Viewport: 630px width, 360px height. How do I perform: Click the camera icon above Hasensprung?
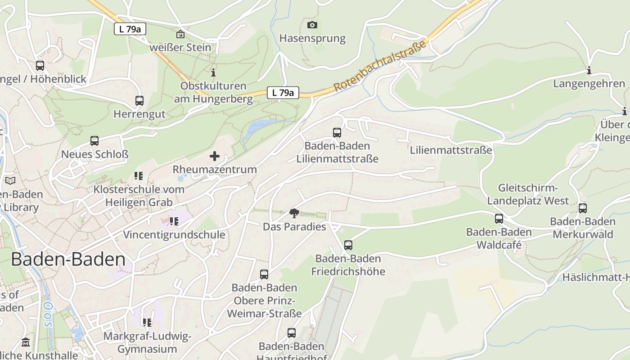tap(312, 25)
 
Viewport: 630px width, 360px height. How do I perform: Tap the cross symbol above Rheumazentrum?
tap(215, 156)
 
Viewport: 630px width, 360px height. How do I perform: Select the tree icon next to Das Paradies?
tap(294, 213)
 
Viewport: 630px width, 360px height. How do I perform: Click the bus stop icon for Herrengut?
tap(139, 101)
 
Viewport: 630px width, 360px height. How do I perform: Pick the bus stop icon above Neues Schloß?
tap(94, 141)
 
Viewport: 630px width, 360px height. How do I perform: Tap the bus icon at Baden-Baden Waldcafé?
tap(499, 219)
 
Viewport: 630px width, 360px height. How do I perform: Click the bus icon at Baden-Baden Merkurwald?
tap(583, 208)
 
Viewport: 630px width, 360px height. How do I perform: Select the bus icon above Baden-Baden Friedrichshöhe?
tap(348, 245)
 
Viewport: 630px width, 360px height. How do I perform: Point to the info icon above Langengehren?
tap(589, 71)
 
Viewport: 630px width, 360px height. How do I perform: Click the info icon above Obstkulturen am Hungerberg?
tap(213, 72)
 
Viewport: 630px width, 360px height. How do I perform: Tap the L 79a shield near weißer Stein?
tap(130, 29)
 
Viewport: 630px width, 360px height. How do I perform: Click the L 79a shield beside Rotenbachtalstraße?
tap(283, 93)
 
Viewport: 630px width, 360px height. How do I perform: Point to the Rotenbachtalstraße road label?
tap(380, 66)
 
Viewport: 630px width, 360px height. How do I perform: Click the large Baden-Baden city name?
tap(68, 260)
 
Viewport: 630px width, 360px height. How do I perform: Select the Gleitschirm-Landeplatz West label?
tap(528, 194)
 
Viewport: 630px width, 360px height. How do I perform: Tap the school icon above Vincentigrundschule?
tap(174, 221)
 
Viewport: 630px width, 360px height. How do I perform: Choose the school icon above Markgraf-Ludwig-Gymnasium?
tap(147, 323)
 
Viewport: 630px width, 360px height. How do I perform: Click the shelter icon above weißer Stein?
tap(180, 34)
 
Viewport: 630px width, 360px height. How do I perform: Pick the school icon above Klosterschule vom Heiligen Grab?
tap(139, 176)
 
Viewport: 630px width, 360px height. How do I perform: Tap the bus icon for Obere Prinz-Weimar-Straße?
tap(264, 274)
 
